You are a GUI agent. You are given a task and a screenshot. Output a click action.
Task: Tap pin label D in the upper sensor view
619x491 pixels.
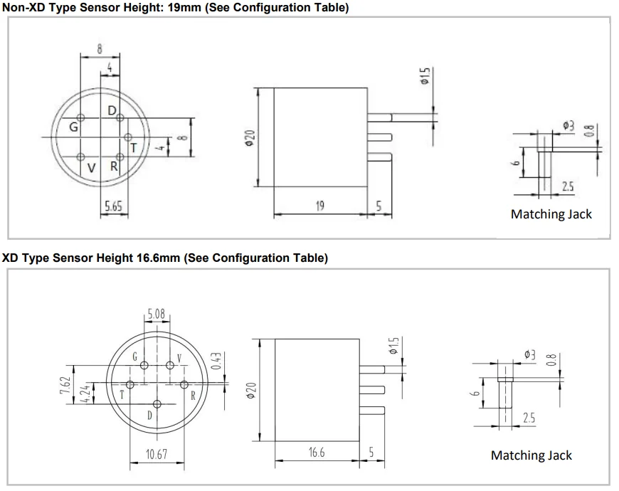[x=112, y=110]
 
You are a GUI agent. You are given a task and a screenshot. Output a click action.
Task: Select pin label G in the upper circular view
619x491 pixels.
[x=73, y=127]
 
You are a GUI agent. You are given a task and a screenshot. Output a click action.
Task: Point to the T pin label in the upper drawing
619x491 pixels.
[x=133, y=147]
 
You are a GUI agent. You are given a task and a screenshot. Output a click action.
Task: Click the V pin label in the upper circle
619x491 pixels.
[x=91, y=168]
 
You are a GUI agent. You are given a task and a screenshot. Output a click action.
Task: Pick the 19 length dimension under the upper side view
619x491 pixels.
[x=319, y=206]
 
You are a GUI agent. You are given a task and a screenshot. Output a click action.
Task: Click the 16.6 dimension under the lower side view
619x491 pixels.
[x=317, y=453]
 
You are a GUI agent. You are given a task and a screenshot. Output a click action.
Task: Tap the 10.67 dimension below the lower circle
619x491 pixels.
[x=156, y=454]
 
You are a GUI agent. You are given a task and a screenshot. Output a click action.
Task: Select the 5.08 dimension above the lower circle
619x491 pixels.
[x=157, y=312]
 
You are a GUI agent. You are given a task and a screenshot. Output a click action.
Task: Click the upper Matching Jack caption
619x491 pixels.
[x=551, y=213]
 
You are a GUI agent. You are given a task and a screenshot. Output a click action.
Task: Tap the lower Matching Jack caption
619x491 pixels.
[x=531, y=455]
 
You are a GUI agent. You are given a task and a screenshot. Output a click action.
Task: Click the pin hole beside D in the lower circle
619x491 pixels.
[x=157, y=403]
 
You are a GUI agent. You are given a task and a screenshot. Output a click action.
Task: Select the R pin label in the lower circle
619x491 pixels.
[x=193, y=395]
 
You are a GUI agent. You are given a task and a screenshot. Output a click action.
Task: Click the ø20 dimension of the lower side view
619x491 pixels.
[x=250, y=390]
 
